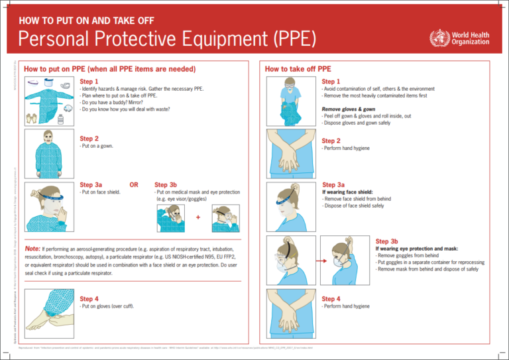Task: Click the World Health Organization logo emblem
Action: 438,38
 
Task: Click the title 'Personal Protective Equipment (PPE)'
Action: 165,38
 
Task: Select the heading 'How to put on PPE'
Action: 109,69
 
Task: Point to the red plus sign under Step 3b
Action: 198,217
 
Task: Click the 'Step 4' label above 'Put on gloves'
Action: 90,298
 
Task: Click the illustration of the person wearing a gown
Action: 47,150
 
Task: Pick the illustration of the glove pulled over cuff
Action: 47,306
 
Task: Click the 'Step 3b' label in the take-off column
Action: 386,241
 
